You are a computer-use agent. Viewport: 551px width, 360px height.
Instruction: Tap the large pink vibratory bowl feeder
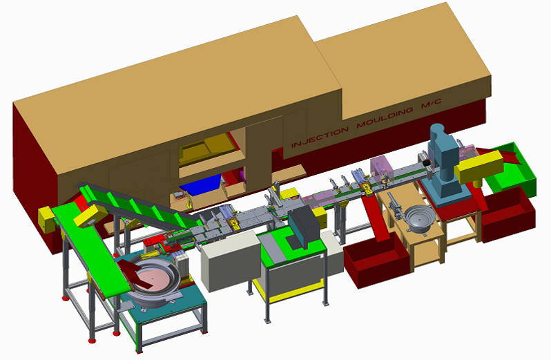(x=148, y=277)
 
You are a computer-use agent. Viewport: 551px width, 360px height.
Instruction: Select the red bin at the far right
(x=508, y=211)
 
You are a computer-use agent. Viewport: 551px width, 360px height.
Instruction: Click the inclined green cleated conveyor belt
(x=135, y=205)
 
